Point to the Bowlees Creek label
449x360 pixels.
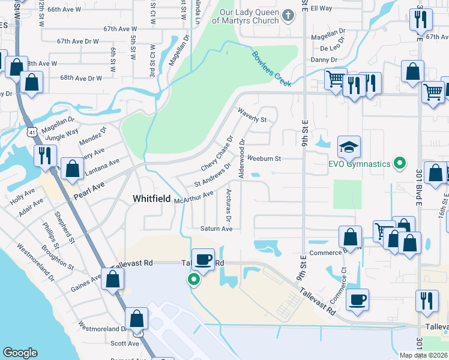coord(271,68)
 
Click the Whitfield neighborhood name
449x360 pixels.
coord(151,199)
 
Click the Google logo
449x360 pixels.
coord(20,353)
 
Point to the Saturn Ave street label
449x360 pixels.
coord(215,229)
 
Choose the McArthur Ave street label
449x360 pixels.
coord(194,197)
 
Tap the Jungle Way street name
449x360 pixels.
coord(62,134)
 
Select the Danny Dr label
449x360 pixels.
coord(324,60)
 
